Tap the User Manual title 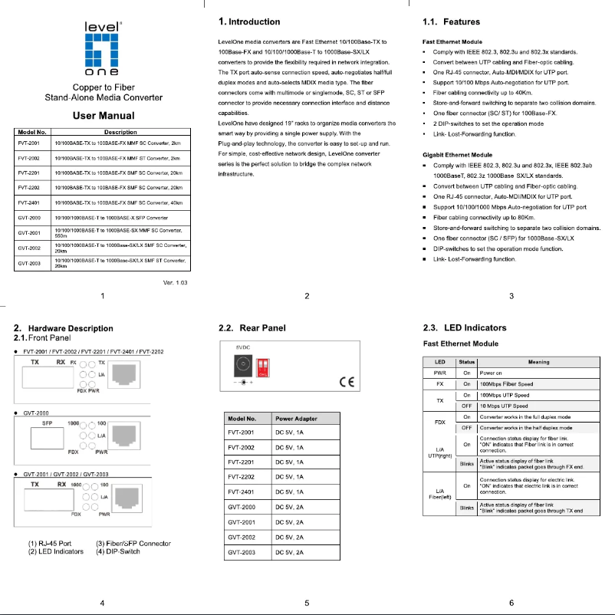(103, 116)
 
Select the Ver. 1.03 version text (176, 282)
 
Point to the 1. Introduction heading (249, 21)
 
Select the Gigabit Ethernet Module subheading (458, 156)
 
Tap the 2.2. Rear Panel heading (252, 328)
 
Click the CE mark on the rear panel (346, 379)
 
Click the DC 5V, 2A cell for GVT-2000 (290, 508)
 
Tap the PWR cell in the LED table (439, 372)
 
